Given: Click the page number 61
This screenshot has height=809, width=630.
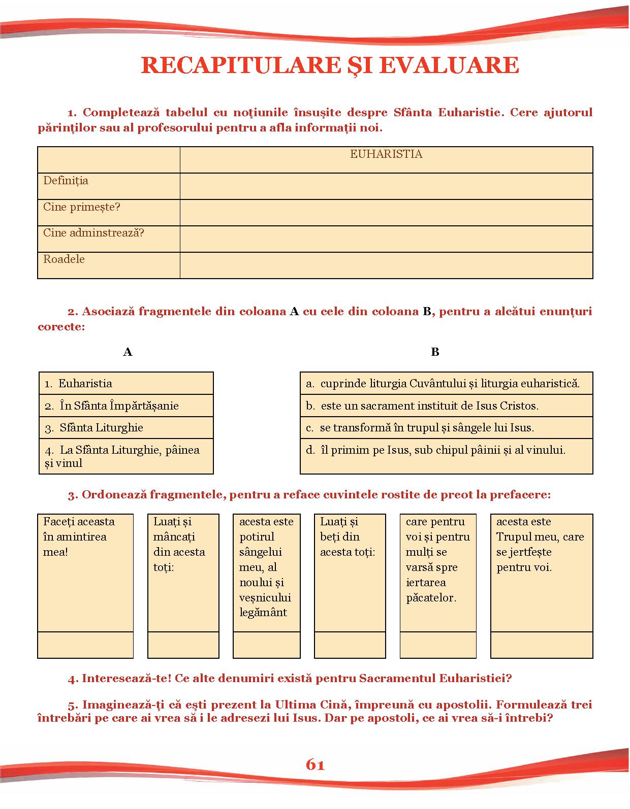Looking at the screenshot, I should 315,765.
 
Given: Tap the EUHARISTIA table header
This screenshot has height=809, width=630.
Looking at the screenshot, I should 386,154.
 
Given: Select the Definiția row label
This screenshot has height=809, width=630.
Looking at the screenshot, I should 66,181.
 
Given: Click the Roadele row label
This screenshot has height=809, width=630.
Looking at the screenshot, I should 64,259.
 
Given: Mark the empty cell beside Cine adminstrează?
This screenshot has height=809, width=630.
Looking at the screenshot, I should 386,239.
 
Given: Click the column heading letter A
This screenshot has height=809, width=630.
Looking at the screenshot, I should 128,352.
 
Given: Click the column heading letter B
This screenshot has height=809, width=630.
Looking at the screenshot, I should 435,352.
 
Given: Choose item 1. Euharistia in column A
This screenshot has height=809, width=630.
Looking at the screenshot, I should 79,384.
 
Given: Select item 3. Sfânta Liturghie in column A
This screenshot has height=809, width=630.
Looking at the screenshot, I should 94,428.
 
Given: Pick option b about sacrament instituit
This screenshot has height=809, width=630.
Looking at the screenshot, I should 423,406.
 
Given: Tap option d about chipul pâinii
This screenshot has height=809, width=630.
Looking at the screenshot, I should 436,450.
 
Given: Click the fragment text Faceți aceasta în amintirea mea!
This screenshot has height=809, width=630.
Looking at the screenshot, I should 79,536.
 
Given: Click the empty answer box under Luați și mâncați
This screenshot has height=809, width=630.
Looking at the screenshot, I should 183,645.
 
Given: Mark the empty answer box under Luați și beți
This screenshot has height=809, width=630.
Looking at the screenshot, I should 350,645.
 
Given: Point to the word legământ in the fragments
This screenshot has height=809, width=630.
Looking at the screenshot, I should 263,613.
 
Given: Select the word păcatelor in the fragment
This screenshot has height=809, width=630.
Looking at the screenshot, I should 431,598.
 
